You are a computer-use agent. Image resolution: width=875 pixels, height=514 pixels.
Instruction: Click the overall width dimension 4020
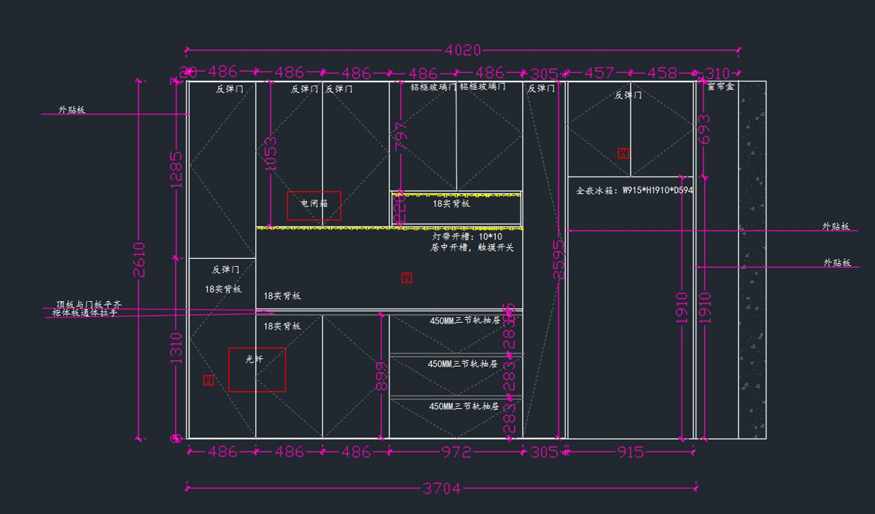(463, 50)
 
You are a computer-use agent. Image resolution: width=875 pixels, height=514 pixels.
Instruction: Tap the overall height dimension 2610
(139, 260)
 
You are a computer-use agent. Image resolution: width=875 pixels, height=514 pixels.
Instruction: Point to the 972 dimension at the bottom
(456, 452)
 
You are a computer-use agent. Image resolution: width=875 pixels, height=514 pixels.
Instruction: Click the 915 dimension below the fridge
(630, 452)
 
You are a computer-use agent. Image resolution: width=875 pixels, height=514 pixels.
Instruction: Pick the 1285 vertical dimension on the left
(176, 170)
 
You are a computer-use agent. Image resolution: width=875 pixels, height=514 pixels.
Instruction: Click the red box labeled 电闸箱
(314, 206)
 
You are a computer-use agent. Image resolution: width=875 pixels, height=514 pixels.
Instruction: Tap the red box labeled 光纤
(257, 370)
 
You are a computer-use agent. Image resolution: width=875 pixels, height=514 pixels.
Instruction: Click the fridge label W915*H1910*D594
(634, 190)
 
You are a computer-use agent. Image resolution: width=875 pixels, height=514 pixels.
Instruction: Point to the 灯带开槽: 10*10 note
(467, 237)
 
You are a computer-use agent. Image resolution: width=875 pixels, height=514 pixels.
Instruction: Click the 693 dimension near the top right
(704, 129)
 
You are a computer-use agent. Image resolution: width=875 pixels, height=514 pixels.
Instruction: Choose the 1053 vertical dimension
(271, 154)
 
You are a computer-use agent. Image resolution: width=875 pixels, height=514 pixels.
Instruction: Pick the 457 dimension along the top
(599, 73)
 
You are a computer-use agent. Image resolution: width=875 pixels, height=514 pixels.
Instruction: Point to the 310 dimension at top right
(717, 73)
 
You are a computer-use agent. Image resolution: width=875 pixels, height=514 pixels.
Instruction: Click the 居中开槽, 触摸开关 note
(472, 248)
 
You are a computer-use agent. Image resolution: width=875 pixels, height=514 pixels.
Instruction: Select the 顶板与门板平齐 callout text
(88, 304)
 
